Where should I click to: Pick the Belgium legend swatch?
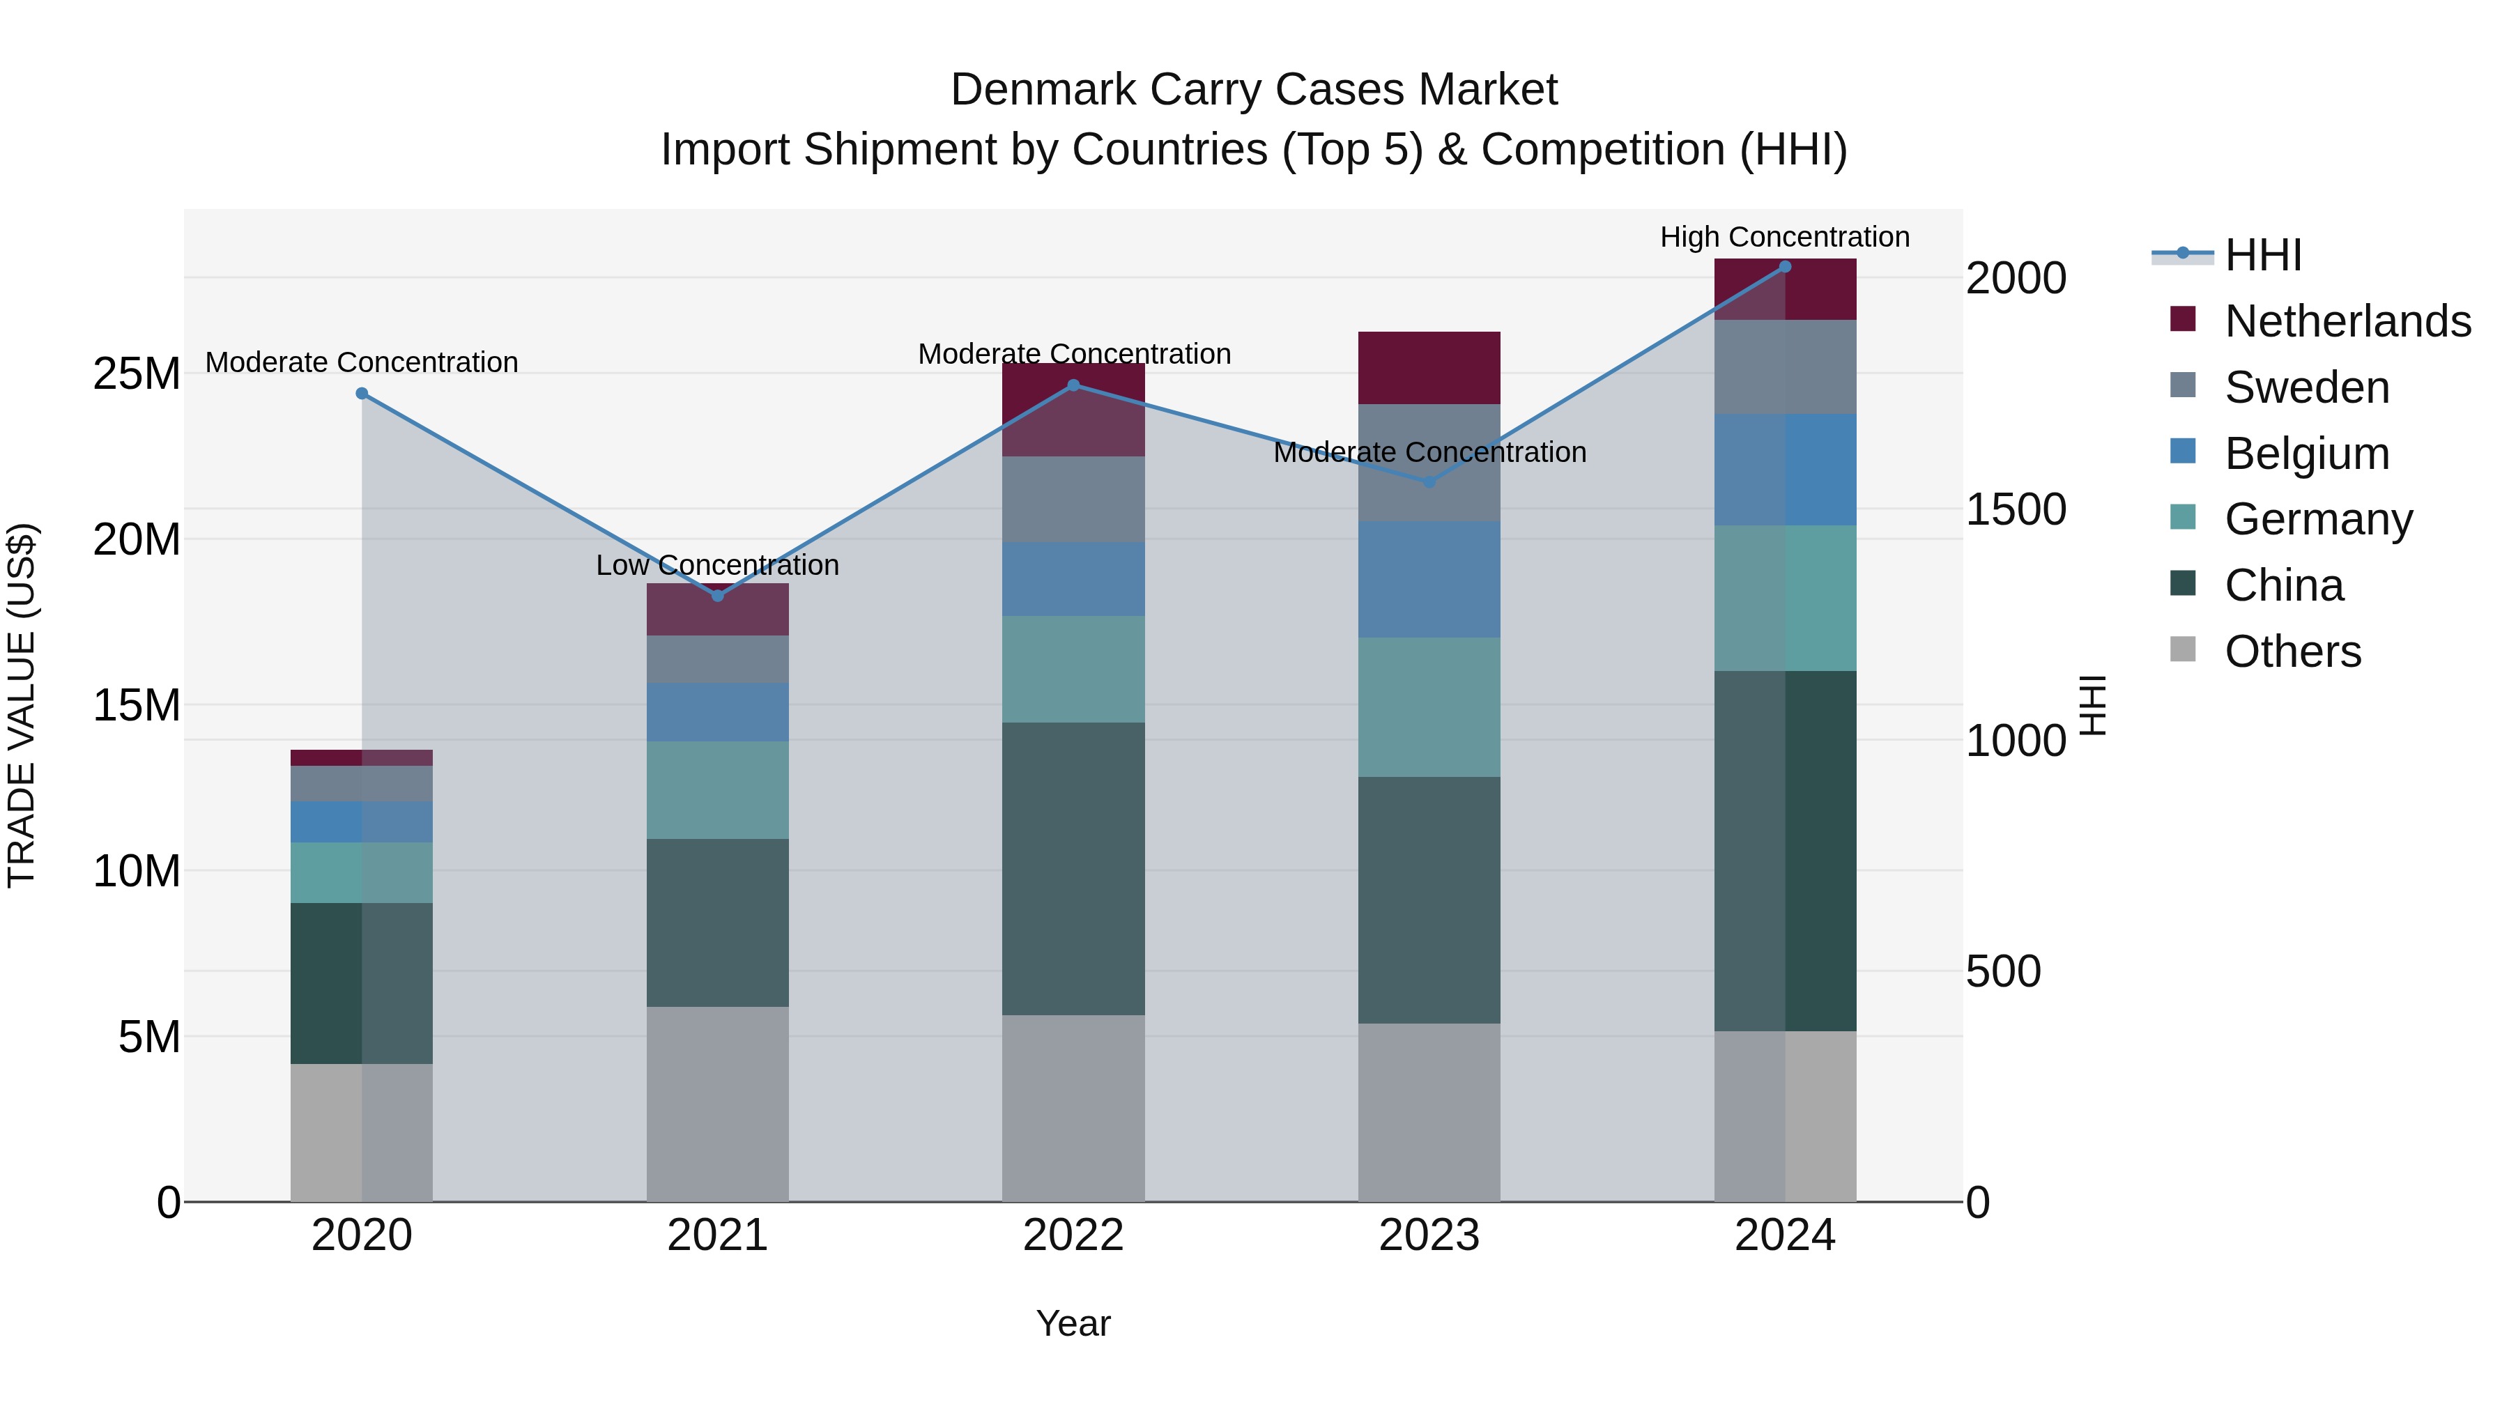(2183, 452)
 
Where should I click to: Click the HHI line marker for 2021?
(718, 595)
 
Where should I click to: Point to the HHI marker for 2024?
(1784, 267)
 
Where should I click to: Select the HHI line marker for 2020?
(361, 394)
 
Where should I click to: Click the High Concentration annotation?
(1784, 237)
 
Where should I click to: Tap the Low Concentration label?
(717, 565)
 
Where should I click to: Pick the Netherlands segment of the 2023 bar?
(1429, 367)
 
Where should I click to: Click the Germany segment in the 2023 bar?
(1429, 707)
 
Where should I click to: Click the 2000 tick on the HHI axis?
(2015, 279)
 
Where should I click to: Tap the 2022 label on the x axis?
(1073, 1235)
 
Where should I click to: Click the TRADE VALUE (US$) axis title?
(22, 705)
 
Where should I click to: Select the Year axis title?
(1073, 1323)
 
